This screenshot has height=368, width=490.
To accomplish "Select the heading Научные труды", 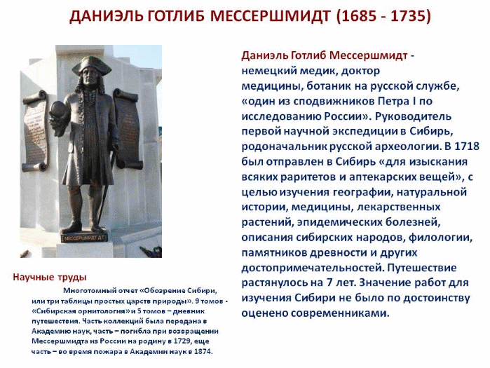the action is coord(50,277).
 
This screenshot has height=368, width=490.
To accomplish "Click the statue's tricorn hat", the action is coord(92,65).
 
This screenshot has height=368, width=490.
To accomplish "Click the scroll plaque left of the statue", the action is coord(36,131).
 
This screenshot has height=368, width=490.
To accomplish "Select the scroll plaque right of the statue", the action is coord(127,128).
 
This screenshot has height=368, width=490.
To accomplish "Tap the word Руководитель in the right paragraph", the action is coord(413,116).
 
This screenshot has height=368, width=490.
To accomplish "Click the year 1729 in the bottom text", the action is coord(200,341).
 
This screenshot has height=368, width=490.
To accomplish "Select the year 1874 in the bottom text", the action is coord(203,351).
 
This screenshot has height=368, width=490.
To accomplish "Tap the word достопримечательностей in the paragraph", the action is coord(313,268).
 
